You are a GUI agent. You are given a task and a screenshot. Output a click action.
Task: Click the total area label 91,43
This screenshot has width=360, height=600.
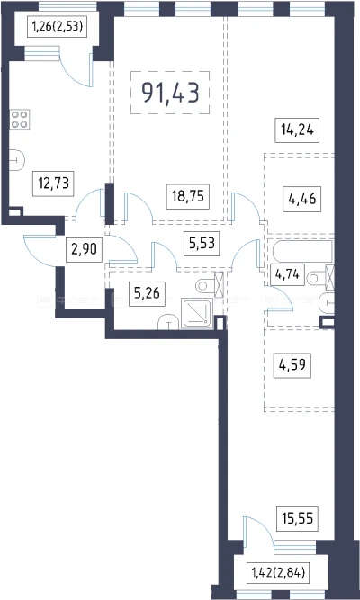coord(170,93)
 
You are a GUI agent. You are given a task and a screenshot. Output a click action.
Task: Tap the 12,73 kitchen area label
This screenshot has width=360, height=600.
coord(53,184)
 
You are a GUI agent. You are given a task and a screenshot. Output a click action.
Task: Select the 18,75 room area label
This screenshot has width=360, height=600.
coord(188,197)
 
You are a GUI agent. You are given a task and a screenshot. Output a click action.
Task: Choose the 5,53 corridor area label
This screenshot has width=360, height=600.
coord(202,244)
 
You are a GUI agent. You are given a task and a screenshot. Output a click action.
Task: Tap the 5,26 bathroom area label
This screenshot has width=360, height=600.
coord(147,294)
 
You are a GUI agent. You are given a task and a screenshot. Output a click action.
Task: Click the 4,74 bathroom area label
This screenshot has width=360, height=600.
coord(287,274)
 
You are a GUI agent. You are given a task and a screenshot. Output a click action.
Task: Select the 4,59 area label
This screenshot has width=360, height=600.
coord(292,366)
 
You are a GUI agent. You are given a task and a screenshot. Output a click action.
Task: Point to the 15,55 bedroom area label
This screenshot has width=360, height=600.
coord(297,519)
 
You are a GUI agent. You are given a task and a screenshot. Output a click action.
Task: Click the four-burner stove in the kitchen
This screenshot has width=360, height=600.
coord(20,120)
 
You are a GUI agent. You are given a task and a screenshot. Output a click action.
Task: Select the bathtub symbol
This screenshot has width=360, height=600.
coord(303,252)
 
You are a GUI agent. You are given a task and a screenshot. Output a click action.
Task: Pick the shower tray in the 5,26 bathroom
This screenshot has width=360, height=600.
coord(197,313)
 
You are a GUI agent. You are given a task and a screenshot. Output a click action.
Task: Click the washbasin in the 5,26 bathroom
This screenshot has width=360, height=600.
coord(169,322)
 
